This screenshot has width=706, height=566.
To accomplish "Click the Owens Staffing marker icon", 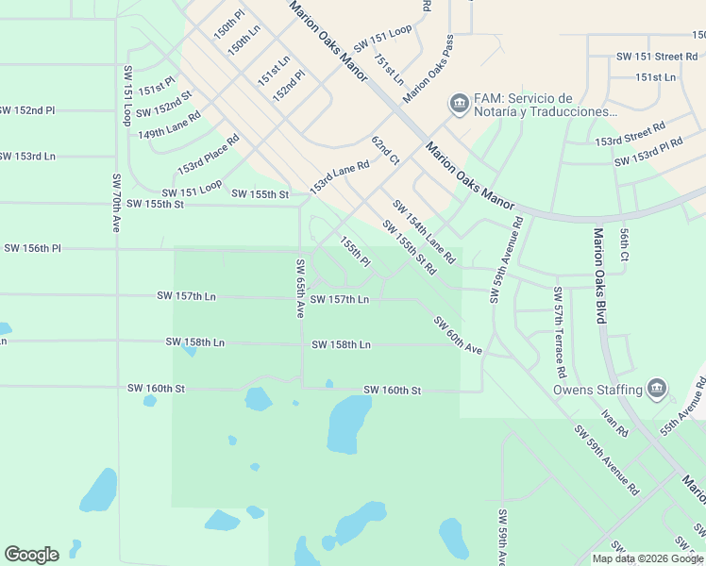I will [x=657, y=388].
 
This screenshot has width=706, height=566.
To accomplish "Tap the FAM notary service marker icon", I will [x=460, y=102].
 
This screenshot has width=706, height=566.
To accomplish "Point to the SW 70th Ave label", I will [x=118, y=203].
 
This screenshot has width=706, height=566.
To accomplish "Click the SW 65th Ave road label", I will [x=301, y=288].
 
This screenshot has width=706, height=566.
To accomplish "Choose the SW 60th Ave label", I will [x=459, y=335].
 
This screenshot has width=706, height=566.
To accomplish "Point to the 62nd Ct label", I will [x=385, y=149].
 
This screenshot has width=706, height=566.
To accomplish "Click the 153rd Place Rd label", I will [x=209, y=154].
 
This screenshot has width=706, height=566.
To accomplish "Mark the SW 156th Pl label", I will [x=32, y=248].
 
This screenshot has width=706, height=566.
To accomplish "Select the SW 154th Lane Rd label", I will [x=424, y=231].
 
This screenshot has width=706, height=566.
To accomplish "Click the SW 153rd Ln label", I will [x=26, y=156].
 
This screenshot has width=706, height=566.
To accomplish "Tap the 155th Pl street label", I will [x=355, y=251].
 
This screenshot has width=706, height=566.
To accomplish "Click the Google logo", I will [x=31, y=555].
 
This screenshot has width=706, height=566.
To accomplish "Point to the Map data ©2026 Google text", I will [x=647, y=558].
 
